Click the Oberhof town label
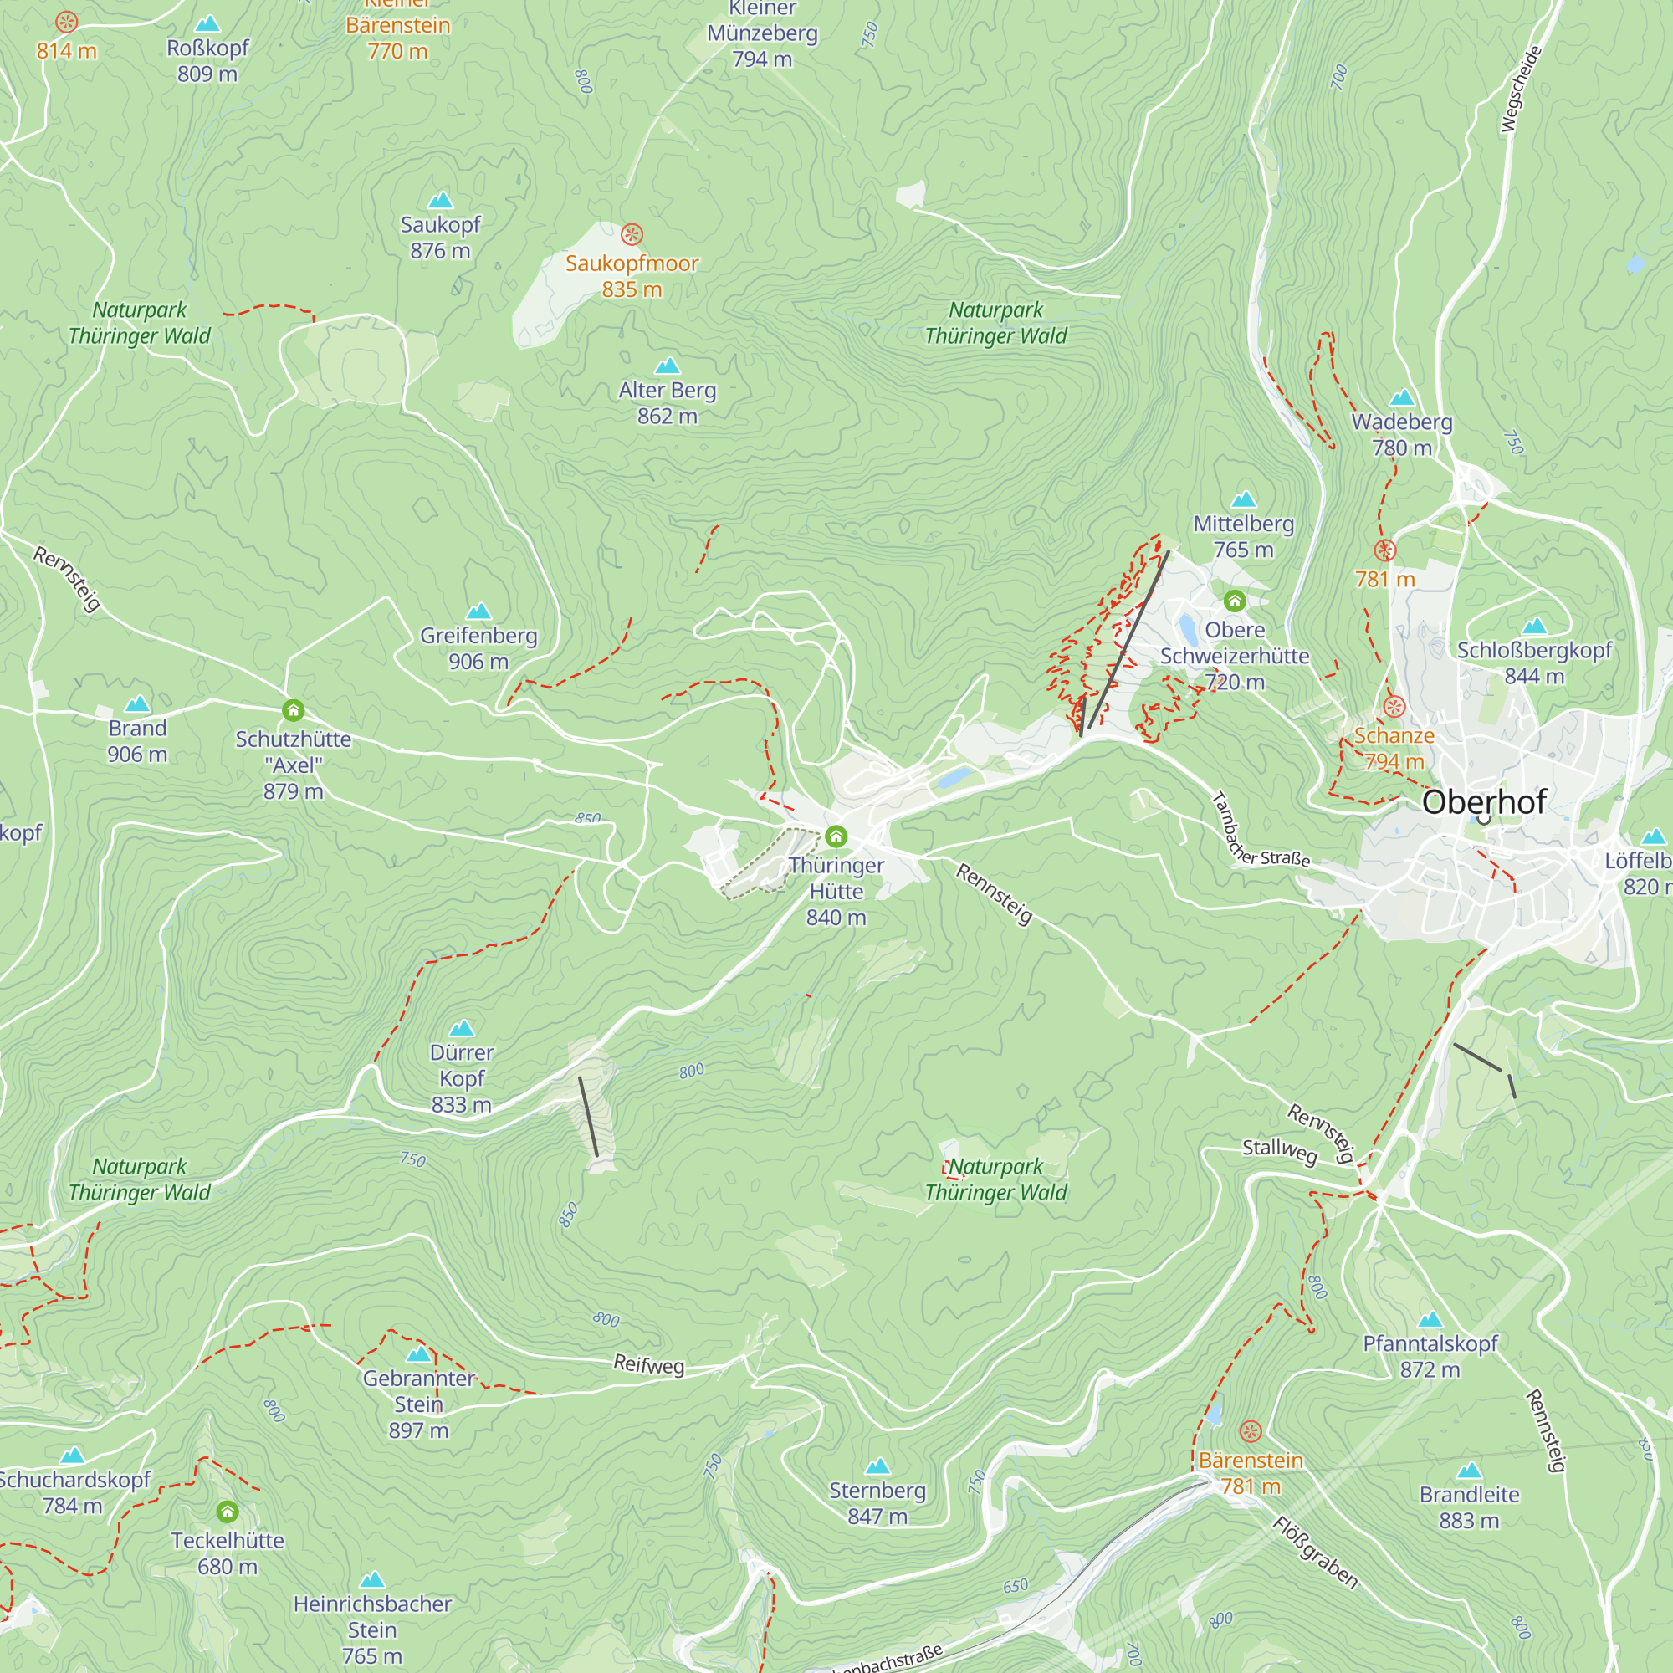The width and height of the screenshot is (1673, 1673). (x=1483, y=802)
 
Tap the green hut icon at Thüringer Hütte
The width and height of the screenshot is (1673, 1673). (x=836, y=836)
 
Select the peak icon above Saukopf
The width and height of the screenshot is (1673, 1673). (x=440, y=201)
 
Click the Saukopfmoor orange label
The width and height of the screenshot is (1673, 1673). (x=632, y=264)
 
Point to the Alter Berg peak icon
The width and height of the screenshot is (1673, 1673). (x=667, y=366)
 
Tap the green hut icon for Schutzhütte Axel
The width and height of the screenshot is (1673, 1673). (x=293, y=711)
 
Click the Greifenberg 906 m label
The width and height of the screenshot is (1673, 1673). (x=478, y=648)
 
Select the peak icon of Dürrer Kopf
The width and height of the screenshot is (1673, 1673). (x=462, y=1028)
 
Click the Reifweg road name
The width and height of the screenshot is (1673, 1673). (x=648, y=1364)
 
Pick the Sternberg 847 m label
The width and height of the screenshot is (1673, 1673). (x=877, y=1502)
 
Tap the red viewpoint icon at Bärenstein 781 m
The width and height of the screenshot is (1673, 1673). (x=1251, y=1431)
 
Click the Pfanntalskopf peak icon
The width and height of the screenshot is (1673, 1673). (x=1430, y=1320)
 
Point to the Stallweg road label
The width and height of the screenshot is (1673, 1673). (x=1279, y=1151)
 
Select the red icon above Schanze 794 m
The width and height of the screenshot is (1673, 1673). (x=1394, y=707)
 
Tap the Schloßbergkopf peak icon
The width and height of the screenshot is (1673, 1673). (x=1533, y=626)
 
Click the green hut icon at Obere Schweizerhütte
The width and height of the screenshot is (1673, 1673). (x=1234, y=600)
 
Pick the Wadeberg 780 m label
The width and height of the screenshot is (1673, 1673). (x=1401, y=435)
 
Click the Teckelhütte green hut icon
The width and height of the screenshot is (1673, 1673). (x=227, y=1512)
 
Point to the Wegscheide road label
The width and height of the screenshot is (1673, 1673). (x=1521, y=90)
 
